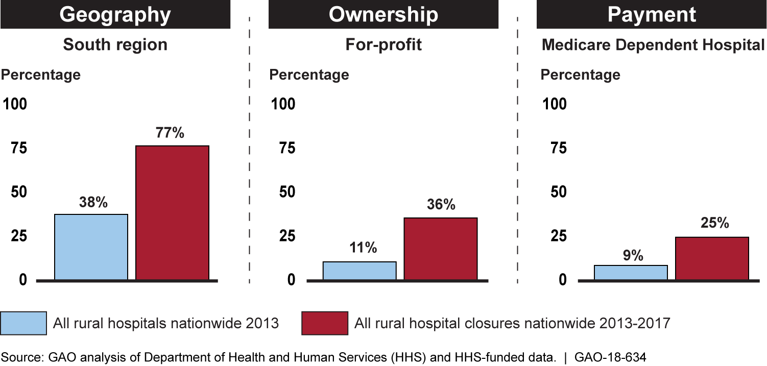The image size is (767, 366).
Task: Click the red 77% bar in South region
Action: point(172,213)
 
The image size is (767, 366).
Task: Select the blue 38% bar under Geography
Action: point(91,247)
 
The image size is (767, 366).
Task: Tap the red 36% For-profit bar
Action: point(441,249)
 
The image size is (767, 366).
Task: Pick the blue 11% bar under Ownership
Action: point(359,271)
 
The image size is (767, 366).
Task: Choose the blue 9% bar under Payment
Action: point(631,273)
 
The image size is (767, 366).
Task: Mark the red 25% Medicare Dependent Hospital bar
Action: point(712,258)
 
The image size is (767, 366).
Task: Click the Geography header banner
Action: point(115,14)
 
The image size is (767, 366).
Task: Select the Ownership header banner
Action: point(383,14)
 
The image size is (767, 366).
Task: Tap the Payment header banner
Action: point(652,14)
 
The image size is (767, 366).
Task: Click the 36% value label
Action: point(441,205)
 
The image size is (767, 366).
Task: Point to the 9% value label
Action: point(633,255)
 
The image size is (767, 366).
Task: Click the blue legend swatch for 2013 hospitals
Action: point(24,323)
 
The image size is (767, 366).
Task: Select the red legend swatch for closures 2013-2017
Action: point(325,323)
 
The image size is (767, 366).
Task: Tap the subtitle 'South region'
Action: point(115,44)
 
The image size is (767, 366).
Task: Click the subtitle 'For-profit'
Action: point(383,44)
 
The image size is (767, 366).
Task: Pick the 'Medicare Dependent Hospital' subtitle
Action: point(653,44)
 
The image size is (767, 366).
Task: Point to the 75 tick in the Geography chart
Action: point(15,148)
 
